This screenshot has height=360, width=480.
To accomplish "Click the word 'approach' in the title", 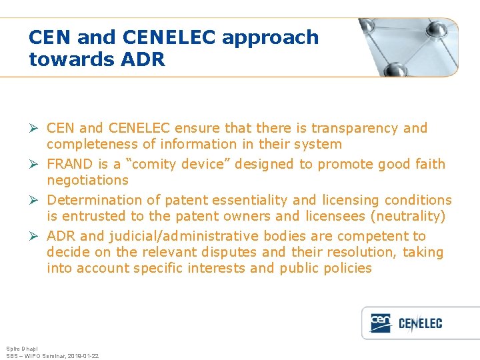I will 270,38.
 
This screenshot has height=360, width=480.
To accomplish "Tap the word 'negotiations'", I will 87,180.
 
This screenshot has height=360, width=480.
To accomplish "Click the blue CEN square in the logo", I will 381,323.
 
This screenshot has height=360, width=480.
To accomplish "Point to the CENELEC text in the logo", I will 420,324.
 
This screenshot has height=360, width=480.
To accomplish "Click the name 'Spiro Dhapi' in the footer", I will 22,349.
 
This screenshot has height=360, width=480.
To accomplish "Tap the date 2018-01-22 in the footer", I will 82,356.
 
